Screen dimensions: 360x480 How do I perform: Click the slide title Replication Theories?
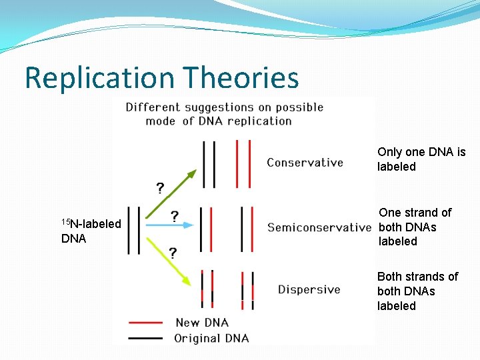[161, 78]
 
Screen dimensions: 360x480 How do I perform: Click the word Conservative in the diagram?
[305, 163]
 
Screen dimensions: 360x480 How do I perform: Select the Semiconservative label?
[319, 227]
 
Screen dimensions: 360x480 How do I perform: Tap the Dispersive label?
[309, 289]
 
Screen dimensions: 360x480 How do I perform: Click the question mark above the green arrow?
[160, 188]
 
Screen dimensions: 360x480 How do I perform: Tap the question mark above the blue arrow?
[174, 216]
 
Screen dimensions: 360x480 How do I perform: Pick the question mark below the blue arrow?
[173, 253]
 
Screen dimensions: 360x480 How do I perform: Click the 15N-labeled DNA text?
[91, 231]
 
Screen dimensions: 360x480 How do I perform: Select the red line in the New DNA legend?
[145, 323]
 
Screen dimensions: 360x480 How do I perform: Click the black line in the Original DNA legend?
[145, 338]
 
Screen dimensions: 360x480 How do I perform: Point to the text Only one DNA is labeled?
[421, 159]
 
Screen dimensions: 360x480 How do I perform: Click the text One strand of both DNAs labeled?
[415, 227]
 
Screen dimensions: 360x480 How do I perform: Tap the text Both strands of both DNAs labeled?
[417, 291]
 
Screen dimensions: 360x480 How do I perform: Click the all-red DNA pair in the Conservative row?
[243, 163]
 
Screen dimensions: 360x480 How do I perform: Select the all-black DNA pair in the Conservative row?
[209, 163]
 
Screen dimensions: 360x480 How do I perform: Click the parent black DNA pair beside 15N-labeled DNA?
[134, 230]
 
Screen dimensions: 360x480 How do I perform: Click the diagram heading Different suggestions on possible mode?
[224, 114]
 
